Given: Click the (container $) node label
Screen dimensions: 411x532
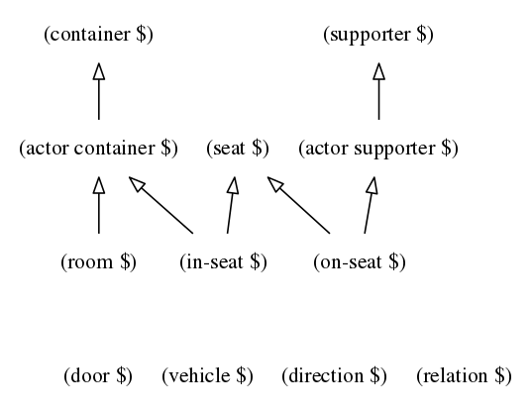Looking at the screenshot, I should pos(99,36).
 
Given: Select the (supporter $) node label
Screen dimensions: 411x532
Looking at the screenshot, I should pos(378,36).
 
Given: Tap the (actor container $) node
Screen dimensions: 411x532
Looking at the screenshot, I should pos(98,149).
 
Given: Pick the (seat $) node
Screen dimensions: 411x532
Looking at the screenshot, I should pos(238,149).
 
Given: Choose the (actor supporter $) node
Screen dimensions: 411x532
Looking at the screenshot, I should pos(378,149).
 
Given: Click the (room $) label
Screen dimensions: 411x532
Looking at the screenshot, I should pos(98,262).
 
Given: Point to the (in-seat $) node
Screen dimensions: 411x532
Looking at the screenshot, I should pos(224,262).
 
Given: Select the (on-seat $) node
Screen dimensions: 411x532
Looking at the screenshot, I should pos(360,262).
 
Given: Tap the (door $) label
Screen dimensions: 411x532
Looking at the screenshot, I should pos(98,376).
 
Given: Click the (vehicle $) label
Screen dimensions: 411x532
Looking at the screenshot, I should pos(207,376).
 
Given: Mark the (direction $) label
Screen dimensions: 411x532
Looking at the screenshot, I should pos(334,376).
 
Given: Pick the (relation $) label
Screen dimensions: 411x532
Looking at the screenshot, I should pos(464,376).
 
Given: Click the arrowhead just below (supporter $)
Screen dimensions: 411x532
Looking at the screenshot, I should pos(378,71).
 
